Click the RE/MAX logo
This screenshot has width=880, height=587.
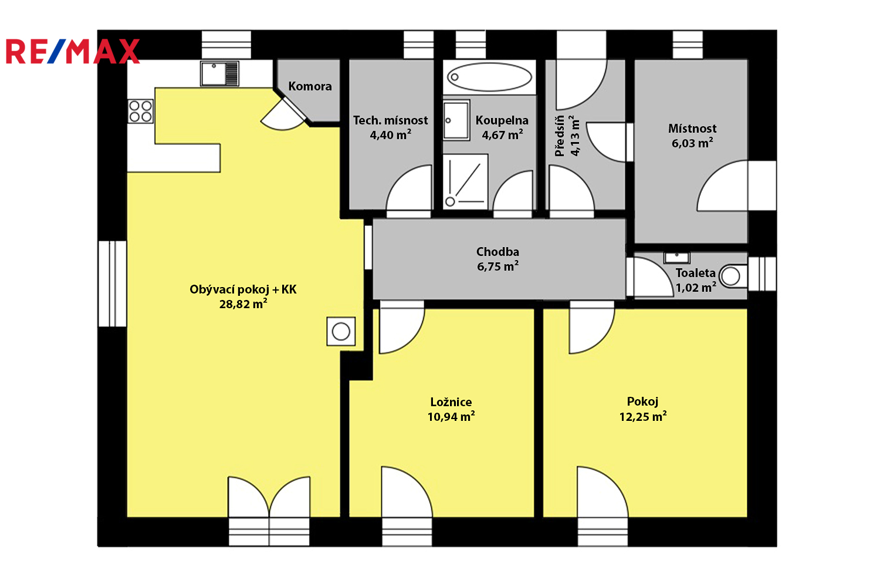coord(73,51)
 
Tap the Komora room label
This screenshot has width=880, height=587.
coord(310,86)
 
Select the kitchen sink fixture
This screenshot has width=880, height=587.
coord(219,73)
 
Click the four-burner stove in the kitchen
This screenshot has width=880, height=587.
coord(140,112)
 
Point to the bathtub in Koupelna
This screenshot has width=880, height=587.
coord(489,77)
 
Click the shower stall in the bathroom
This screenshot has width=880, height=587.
coord(466,181)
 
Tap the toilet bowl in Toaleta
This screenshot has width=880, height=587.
coord(733,276)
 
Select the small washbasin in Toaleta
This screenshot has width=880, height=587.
coord(676,258)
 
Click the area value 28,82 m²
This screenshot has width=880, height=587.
coord(243,304)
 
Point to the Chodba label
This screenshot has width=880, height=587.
coord(497,252)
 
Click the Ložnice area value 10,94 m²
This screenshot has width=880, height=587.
coord(451,416)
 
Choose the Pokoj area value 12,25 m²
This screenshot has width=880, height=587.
coord(643,416)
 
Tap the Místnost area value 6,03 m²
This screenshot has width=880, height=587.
coord(692,143)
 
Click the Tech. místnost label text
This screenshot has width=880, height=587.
coord(391,120)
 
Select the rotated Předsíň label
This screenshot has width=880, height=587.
coord(560,136)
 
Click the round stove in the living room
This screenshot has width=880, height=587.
coord(341,332)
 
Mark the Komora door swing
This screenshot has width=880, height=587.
coord(283,114)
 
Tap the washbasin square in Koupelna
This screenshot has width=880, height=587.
coord(456,120)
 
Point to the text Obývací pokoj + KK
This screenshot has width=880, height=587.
coord(243,290)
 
